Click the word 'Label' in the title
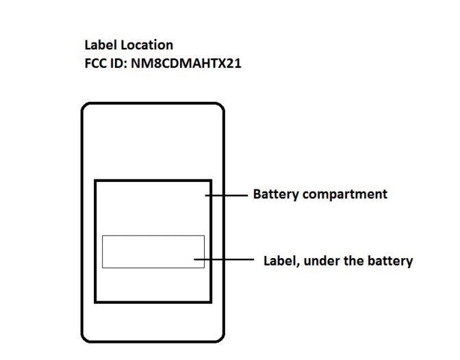(100, 45)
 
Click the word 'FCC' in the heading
(96, 65)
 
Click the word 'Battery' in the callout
(276, 194)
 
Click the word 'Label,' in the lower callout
(281, 261)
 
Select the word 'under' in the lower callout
(320, 261)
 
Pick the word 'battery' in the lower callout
(390, 261)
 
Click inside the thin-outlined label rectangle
(153, 251)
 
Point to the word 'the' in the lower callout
(353, 261)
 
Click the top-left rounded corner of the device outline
(85, 107)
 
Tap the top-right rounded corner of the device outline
(220, 107)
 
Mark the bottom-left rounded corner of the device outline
(85, 337)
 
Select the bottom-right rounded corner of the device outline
(220, 337)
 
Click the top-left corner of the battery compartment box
(96, 181)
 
